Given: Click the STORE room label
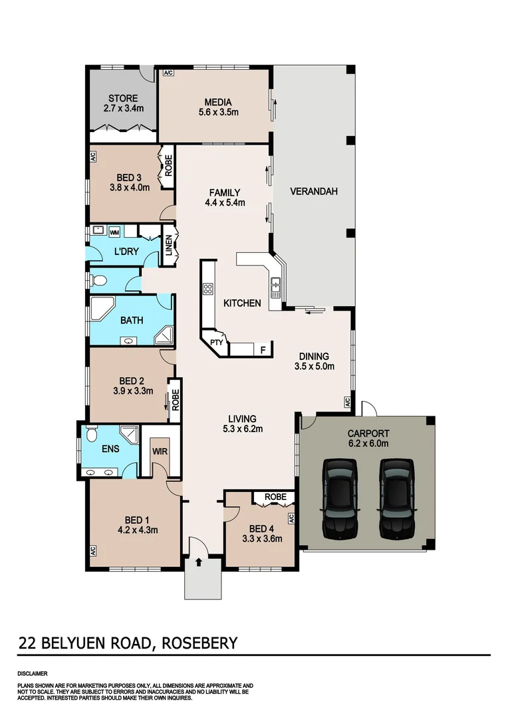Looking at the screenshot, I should click(124, 98).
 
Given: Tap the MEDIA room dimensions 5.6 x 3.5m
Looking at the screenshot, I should click(218, 112).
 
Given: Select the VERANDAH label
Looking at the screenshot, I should click(314, 192).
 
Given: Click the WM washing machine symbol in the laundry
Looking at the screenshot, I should click(114, 232).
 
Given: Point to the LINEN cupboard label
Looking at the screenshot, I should click(168, 246).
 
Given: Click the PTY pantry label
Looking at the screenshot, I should click(215, 343).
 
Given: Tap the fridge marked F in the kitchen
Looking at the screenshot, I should click(263, 349).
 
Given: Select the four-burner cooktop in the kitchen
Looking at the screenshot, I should click(207, 289).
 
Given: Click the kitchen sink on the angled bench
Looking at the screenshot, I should click(275, 288).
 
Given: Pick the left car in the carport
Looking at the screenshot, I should click(339, 499).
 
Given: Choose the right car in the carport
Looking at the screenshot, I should click(396, 499).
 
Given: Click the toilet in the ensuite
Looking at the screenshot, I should click(92, 436).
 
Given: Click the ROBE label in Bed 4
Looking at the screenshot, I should click(275, 497).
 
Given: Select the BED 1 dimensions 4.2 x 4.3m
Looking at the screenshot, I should click(133, 530).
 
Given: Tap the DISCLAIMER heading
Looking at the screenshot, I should click(32, 673).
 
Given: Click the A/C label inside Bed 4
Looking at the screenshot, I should click(291, 517).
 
